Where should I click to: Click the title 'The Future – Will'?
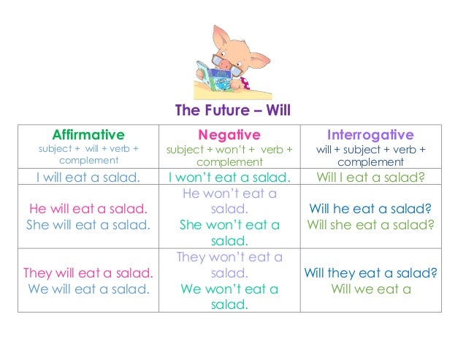(x=233, y=112)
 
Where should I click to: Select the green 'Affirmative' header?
(x=88, y=134)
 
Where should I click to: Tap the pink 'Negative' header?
(x=229, y=134)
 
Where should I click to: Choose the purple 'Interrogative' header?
(x=370, y=134)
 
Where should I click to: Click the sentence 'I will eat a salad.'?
(x=88, y=177)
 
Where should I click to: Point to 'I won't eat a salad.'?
(x=229, y=177)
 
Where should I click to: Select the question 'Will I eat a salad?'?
(x=370, y=177)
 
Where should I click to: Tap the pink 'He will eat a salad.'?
(x=88, y=209)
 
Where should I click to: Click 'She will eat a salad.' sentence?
(x=88, y=225)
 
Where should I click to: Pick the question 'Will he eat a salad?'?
(x=370, y=209)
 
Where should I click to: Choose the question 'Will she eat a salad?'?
(x=370, y=225)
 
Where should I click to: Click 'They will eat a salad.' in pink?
(x=88, y=273)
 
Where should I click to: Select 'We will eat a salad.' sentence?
(x=88, y=289)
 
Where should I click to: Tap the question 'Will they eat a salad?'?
(x=370, y=273)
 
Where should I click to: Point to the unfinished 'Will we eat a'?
(x=370, y=289)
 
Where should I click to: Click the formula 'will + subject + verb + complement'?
(x=370, y=155)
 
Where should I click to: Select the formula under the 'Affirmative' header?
(x=88, y=154)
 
